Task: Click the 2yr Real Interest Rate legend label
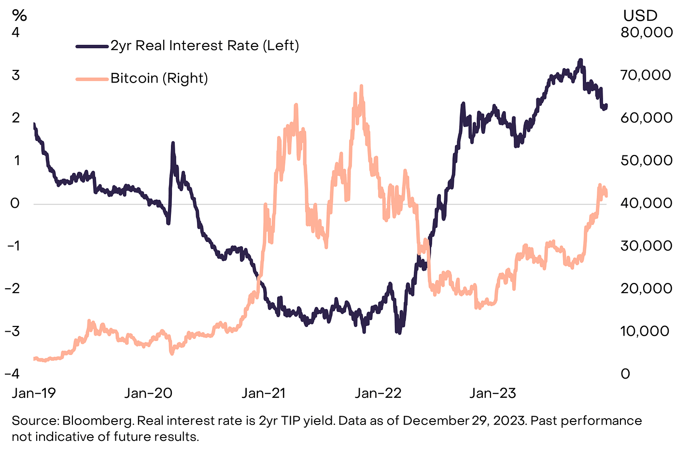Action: click(205, 46)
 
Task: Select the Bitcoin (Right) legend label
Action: click(159, 78)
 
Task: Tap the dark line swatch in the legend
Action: click(92, 46)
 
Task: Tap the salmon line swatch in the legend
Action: click(92, 79)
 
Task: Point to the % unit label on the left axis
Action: click(19, 15)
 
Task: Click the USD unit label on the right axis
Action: click(640, 16)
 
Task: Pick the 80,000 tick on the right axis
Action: click(646, 32)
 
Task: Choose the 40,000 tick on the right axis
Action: click(646, 203)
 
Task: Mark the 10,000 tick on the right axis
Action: click(645, 331)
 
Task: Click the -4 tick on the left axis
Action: click(13, 374)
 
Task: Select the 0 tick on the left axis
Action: click(15, 203)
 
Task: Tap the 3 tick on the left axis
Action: click(16, 75)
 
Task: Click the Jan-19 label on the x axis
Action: click(34, 393)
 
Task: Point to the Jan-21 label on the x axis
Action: click(264, 393)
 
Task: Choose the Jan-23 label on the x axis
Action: click(493, 393)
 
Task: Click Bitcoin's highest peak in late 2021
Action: click(361, 87)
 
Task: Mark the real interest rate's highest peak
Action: click(580, 60)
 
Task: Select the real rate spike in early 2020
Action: click(173, 143)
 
